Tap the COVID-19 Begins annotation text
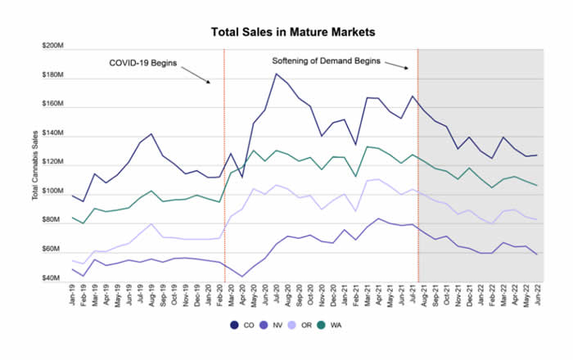(x=144, y=62)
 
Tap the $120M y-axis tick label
(x=51, y=163)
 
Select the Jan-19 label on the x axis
(x=74, y=297)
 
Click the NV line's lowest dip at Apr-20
(x=242, y=276)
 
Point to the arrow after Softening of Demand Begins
(x=396, y=65)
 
